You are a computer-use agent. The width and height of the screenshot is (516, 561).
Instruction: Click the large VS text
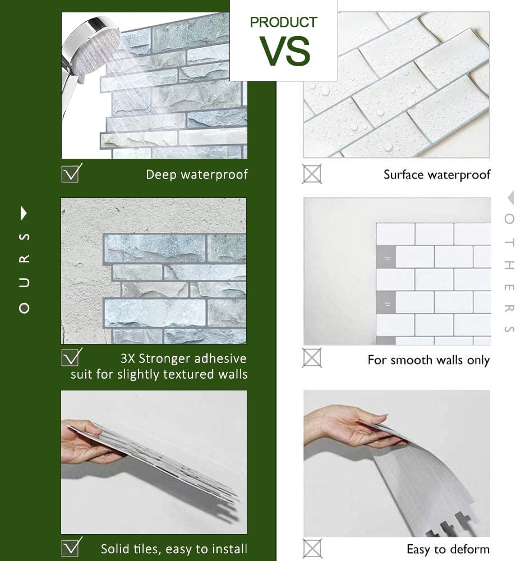pyautogui.click(x=285, y=50)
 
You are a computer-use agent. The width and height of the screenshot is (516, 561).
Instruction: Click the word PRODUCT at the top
pyautogui.click(x=283, y=22)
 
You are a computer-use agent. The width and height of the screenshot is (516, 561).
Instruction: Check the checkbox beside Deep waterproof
pyautogui.click(x=71, y=173)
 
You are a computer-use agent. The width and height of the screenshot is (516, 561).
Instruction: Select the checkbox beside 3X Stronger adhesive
pyautogui.click(x=71, y=357)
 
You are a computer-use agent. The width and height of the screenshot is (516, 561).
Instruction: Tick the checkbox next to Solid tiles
pyautogui.click(x=71, y=547)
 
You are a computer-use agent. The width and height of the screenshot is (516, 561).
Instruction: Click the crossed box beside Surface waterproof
pyautogui.click(x=312, y=174)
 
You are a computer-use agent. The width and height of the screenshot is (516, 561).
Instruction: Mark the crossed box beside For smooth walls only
pyautogui.click(x=312, y=357)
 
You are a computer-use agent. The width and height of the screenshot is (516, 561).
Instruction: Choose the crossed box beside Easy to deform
pyautogui.click(x=312, y=548)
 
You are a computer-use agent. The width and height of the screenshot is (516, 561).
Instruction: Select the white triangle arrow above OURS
pyautogui.click(x=24, y=213)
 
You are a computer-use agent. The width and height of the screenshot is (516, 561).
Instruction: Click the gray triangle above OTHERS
pyautogui.click(x=510, y=198)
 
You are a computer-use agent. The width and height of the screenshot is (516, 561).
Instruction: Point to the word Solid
pyautogui.click(x=116, y=549)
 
